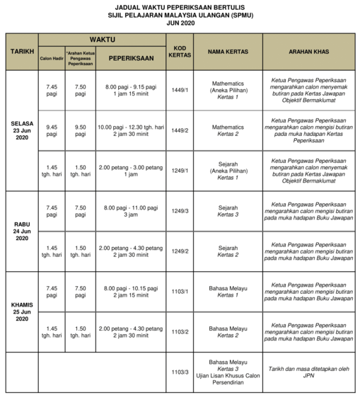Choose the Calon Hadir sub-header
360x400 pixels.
[x=51, y=59]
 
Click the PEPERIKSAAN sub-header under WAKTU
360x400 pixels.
[x=130, y=59]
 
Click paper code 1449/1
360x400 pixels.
[x=179, y=91]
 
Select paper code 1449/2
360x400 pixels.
[x=179, y=130]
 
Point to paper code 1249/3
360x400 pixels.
[x=179, y=211]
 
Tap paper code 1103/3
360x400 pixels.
[x=179, y=372]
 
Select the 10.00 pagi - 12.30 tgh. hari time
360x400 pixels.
[x=130, y=130]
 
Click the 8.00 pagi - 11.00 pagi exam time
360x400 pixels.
[x=130, y=211]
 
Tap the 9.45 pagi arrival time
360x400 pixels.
[x=51, y=130]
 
